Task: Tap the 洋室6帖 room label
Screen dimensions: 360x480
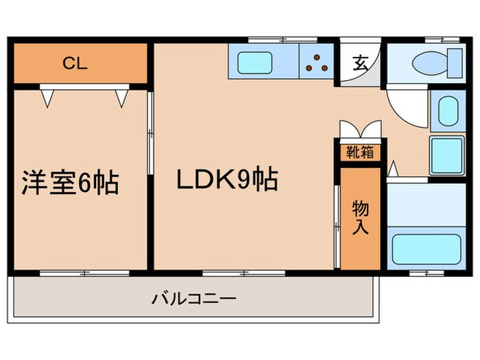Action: (70, 183)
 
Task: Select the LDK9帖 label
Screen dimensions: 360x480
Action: (227, 180)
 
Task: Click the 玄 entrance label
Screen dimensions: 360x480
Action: (359, 64)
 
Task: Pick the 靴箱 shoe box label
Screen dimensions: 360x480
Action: (359, 151)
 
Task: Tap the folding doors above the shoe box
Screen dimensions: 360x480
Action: (359, 130)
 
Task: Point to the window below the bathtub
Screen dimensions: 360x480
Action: (426, 273)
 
